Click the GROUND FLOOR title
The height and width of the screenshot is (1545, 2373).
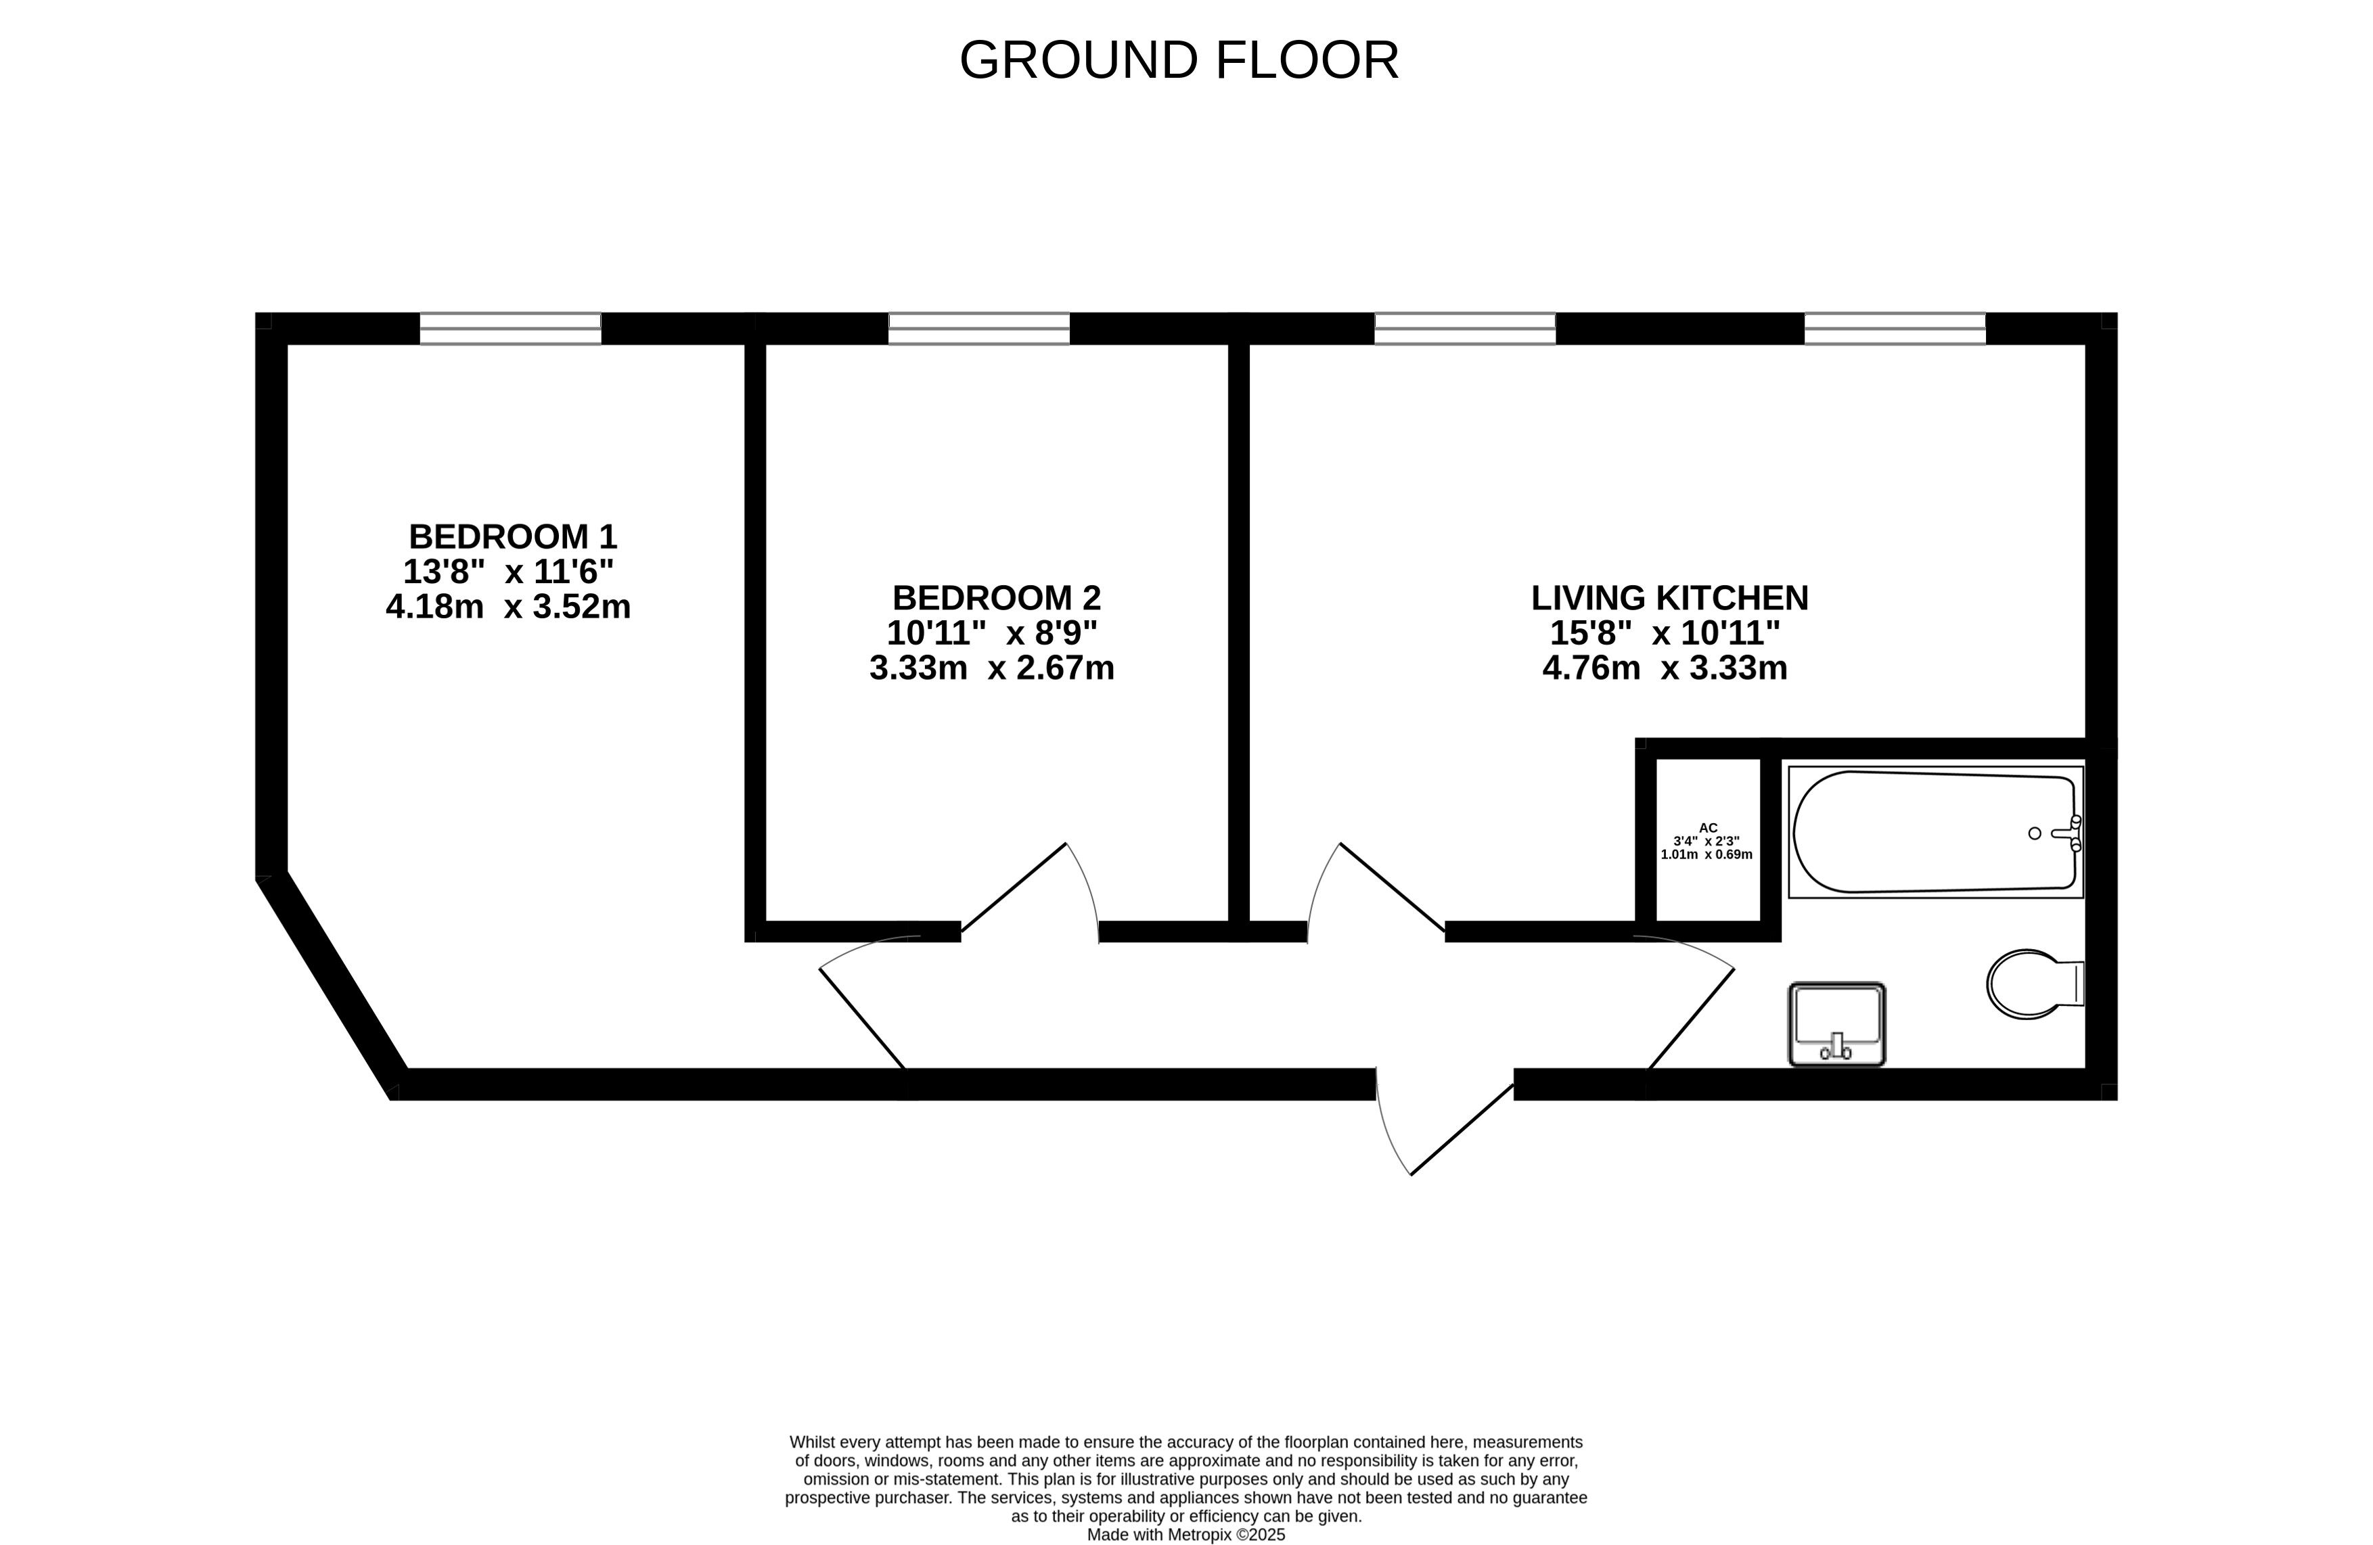coord(1179,60)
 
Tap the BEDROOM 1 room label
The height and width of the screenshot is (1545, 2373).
coord(512,537)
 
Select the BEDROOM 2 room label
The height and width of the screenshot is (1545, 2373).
coord(996,598)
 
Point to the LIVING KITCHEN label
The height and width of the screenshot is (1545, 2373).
coord(1669,598)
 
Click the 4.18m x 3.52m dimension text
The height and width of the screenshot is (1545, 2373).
coord(509,607)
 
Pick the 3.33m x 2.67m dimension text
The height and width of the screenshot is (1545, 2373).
coord(992,668)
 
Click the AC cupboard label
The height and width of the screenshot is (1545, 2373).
coord(1708,827)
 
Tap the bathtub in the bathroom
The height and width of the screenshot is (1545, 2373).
coord(1935,831)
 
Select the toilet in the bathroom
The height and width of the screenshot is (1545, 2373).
coord(2035,984)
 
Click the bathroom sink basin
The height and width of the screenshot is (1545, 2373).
coord(1836,1023)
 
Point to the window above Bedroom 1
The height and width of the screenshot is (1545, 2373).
coord(510,328)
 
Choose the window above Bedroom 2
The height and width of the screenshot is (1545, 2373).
coord(979,328)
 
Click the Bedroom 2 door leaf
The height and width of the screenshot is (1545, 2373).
coord(1014,887)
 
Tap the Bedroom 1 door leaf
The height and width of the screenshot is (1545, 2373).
coord(863,1019)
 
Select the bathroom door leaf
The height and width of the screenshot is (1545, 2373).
coord(1691,1019)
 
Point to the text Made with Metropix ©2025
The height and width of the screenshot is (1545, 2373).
coord(1185,1535)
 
